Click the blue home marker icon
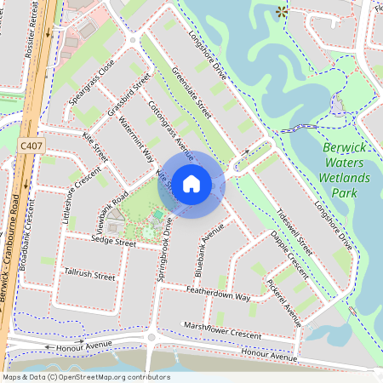(191, 183)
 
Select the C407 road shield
(31, 146)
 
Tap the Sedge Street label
(113, 243)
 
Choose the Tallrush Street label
(89, 276)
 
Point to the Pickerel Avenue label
(284, 302)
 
